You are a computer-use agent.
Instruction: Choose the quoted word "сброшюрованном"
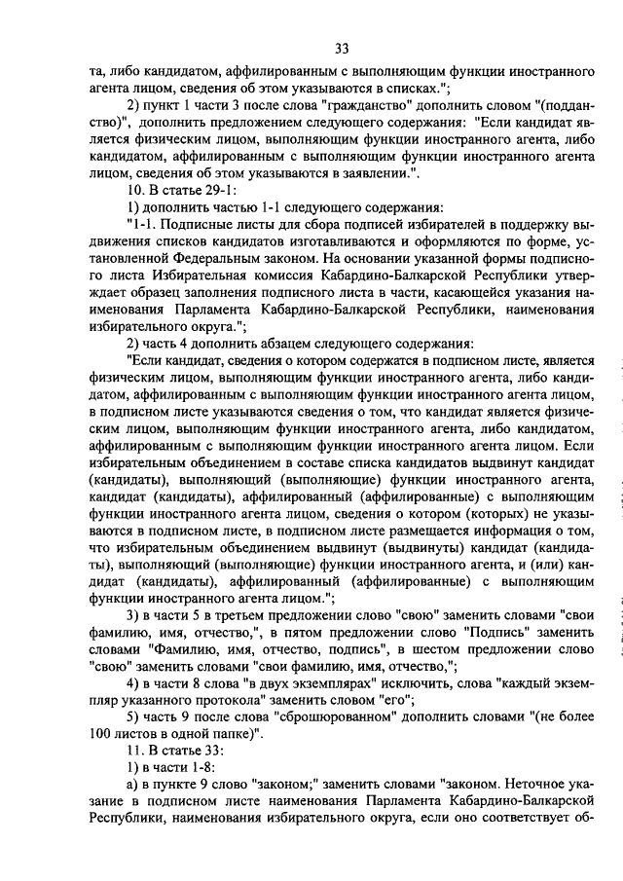(x=346, y=720)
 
